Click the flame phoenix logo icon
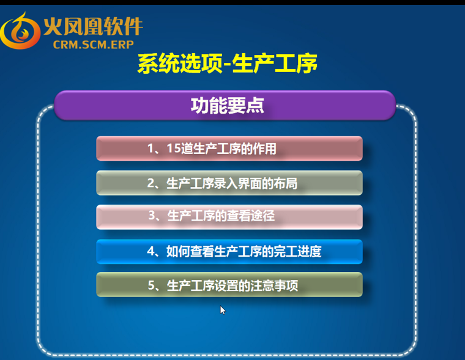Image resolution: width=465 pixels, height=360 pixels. [x=20, y=31]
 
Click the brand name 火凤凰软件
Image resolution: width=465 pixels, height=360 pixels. [x=93, y=26]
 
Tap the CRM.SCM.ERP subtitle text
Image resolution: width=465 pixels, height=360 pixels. [x=94, y=45]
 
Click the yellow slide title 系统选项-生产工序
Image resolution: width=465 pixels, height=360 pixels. [x=228, y=64]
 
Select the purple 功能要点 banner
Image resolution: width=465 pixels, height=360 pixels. [x=225, y=105]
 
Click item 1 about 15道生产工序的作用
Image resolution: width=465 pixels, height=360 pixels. [x=229, y=149]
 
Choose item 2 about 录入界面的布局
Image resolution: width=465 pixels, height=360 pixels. [x=229, y=183]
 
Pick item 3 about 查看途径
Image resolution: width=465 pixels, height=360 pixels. [x=229, y=217]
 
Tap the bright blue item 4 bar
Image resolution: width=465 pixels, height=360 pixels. [x=229, y=252]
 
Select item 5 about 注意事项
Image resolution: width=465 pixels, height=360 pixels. [x=229, y=285]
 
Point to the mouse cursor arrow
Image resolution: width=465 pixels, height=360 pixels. [x=223, y=310]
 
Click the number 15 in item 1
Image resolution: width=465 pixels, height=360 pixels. [x=174, y=149]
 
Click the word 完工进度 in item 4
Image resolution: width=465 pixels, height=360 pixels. [x=297, y=251]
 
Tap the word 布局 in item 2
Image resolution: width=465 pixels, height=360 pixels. [x=286, y=183]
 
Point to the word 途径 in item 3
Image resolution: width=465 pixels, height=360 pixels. [x=262, y=216]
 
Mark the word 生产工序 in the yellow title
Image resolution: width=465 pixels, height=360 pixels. [x=275, y=64]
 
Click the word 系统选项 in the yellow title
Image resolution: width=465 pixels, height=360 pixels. [x=180, y=64]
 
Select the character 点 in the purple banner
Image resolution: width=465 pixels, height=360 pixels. [x=255, y=106]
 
